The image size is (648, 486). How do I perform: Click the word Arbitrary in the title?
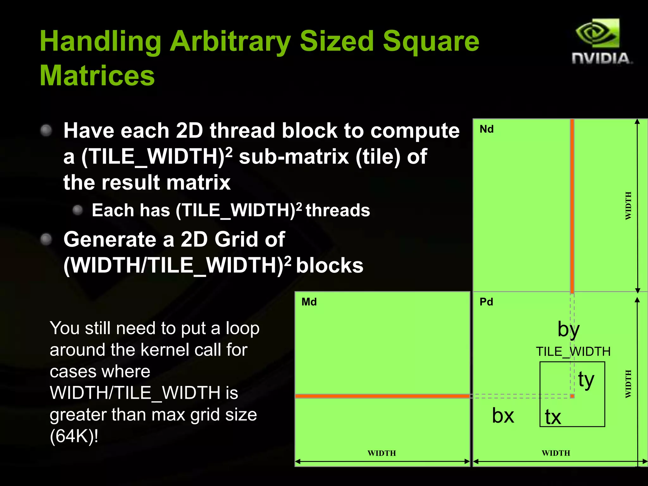[x=230, y=41]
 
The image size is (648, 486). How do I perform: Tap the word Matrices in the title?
[x=97, y=76]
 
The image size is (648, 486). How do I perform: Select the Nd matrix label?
[x=486, y=129]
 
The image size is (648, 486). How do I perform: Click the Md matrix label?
[x=309, y=302]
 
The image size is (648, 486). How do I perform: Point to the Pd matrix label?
[x=486, y=302]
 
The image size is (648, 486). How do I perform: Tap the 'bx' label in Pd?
[x=503, y=415]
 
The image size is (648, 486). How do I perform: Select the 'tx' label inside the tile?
[x=553, y=417]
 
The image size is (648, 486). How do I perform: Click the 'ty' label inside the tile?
[x=586, y=380]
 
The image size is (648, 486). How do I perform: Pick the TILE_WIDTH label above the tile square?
[x=573, y=352]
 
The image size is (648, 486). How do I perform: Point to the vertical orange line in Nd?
[x=572, y=206]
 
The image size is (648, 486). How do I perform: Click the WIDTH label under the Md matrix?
[x=382, y=453]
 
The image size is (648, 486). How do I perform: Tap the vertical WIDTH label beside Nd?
[x=628, y=206]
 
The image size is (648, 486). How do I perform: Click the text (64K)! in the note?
[x=74, y=436]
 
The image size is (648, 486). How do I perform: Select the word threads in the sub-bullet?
[x=338, y=210]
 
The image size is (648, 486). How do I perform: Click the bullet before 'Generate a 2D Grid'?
[x=46, y=239]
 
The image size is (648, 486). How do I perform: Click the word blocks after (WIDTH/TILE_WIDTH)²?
[x=329, y=265]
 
